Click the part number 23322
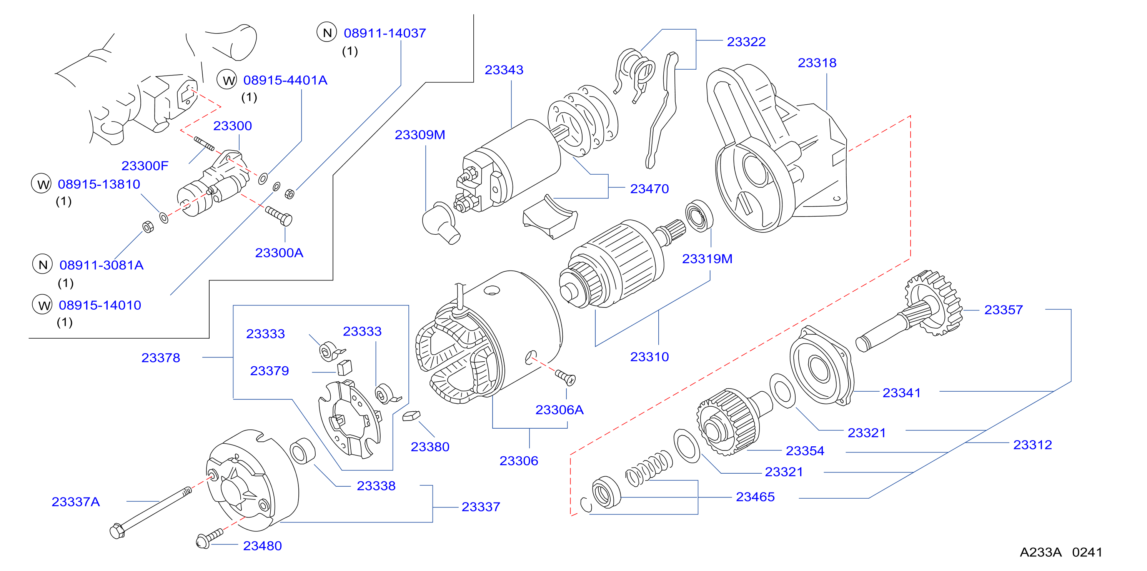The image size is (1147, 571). tap(746, 42)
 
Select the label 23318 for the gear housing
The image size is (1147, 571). tap(817, 63)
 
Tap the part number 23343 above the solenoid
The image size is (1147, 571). tap(504, 70)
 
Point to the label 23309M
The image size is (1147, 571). tap(420, 135)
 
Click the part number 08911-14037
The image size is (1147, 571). tap(385, 33)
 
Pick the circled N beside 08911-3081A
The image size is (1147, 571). tap(42, 265)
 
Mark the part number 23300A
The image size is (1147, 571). tap(279, 253)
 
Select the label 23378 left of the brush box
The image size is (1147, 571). tap(160, 358)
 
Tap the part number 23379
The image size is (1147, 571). tap(270, 371)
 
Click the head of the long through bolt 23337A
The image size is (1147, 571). tap(117, 531)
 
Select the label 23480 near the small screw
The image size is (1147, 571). tap(262, 546)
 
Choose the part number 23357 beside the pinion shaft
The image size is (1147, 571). tap(1003, 310)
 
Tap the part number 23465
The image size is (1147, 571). tap(755, 497)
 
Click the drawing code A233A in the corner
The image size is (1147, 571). tap(1040, 552)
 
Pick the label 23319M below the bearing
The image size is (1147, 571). tap(707, 259)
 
